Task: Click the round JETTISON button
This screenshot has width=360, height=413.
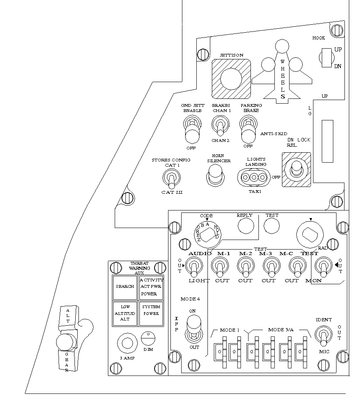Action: pos(231,79)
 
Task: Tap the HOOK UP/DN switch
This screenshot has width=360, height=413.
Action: pos(326,57)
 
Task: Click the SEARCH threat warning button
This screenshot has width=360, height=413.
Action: pos(125,287)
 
